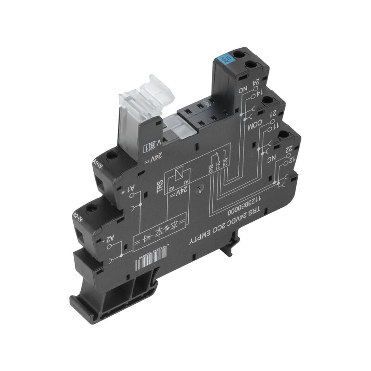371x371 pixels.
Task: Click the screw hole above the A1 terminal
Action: click(x=111, y=156)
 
